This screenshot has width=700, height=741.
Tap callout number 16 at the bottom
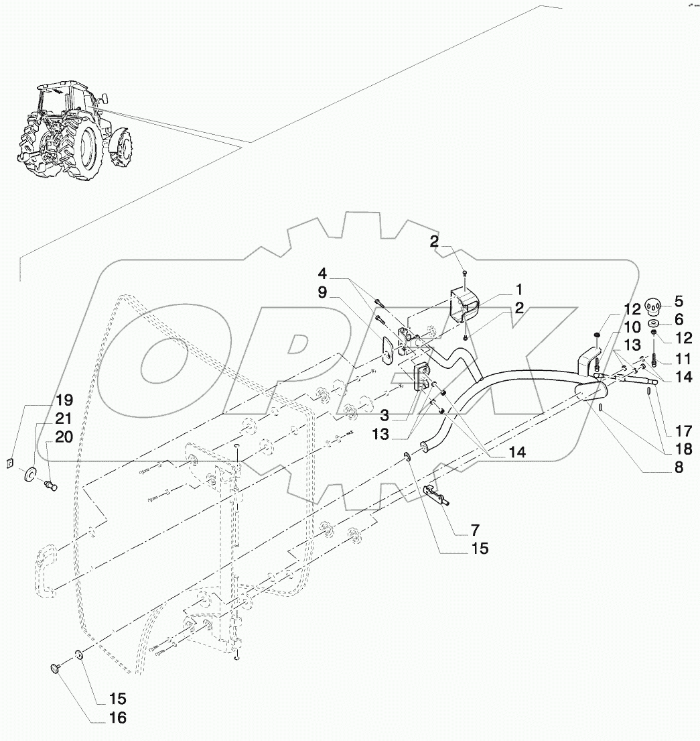(x=117, y=718)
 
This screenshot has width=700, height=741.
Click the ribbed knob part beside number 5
(x=653, y=307)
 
